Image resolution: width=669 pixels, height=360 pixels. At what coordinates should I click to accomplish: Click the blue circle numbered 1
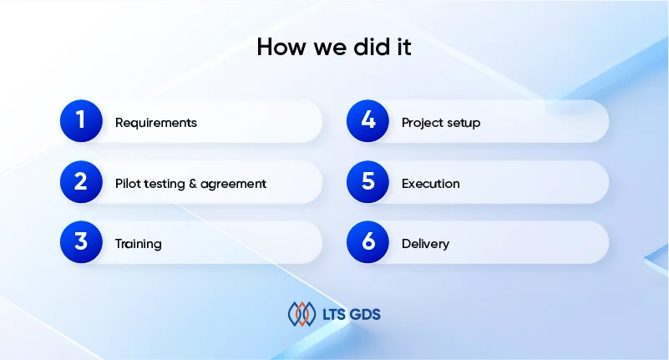[81, 121]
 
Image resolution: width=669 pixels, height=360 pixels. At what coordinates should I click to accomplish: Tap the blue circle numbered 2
[81, 182]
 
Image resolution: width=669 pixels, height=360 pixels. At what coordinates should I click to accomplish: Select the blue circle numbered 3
[81, 242]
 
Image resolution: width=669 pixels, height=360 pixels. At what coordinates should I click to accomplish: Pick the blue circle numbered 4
[367, 121]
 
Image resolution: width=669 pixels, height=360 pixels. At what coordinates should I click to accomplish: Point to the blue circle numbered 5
[367, 182]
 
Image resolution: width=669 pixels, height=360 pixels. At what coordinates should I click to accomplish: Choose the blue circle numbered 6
[367, 242]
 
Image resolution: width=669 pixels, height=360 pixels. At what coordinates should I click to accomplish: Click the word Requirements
[156, 124]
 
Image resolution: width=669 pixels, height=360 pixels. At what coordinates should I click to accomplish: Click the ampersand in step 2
[192, 184]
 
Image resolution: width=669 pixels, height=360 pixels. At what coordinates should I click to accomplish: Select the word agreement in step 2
[233, 185]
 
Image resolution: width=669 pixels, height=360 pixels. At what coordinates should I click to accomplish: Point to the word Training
[139, 244]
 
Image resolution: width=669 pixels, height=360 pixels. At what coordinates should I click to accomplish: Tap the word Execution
[431, 184]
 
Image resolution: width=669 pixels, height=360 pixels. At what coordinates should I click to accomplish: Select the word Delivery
[425, 244]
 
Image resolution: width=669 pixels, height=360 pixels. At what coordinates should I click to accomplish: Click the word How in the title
[281, 47]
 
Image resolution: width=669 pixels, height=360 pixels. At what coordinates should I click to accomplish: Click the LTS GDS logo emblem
[302, 314]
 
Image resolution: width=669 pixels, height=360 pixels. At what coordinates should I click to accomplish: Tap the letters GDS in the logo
[365, 315]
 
